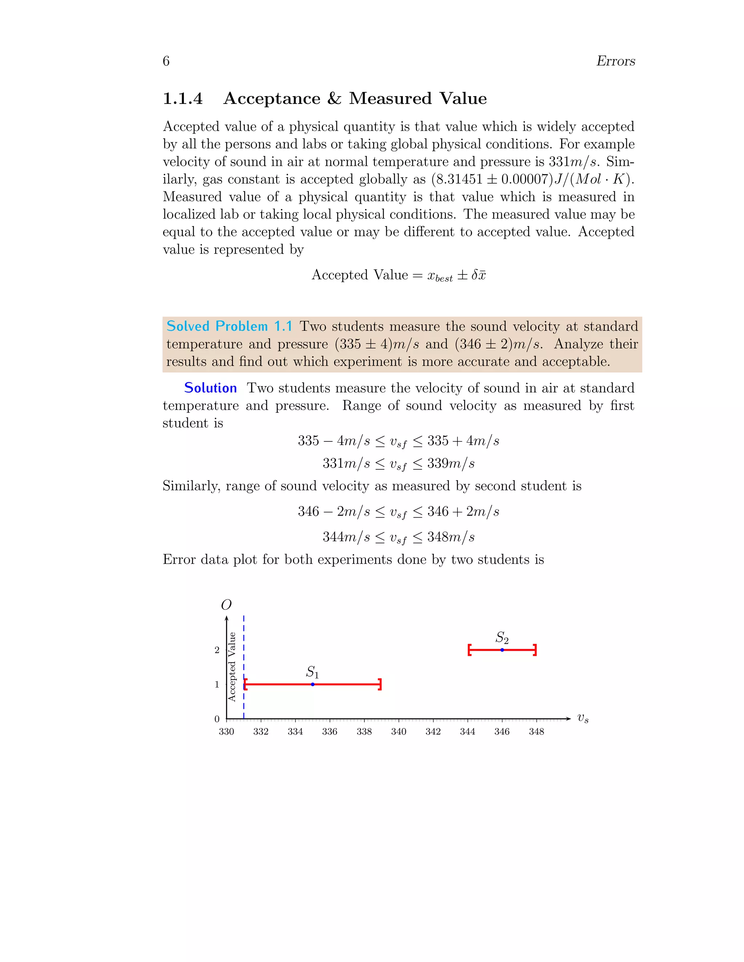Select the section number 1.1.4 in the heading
tap(182, 98)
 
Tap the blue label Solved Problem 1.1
tap(229, 326)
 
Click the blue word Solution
tap(210, 388)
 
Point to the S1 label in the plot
tap(312, 672)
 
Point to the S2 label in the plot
tap(502, 637)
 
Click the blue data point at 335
tap(312, 684)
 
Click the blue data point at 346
tap(502, 650)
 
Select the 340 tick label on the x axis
tap(399, 731)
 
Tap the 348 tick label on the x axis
tap(537, 731)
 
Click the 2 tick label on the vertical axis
tap(217, 650)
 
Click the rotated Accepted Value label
tap(232, 667)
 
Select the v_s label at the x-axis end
tap(583, 718)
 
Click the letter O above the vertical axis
tap(226, 605)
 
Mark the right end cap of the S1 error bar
tap(380, 684)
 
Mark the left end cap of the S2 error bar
tap(469, 650)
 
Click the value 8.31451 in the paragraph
tap(459, 179)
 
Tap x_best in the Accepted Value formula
tap(440, 276)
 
